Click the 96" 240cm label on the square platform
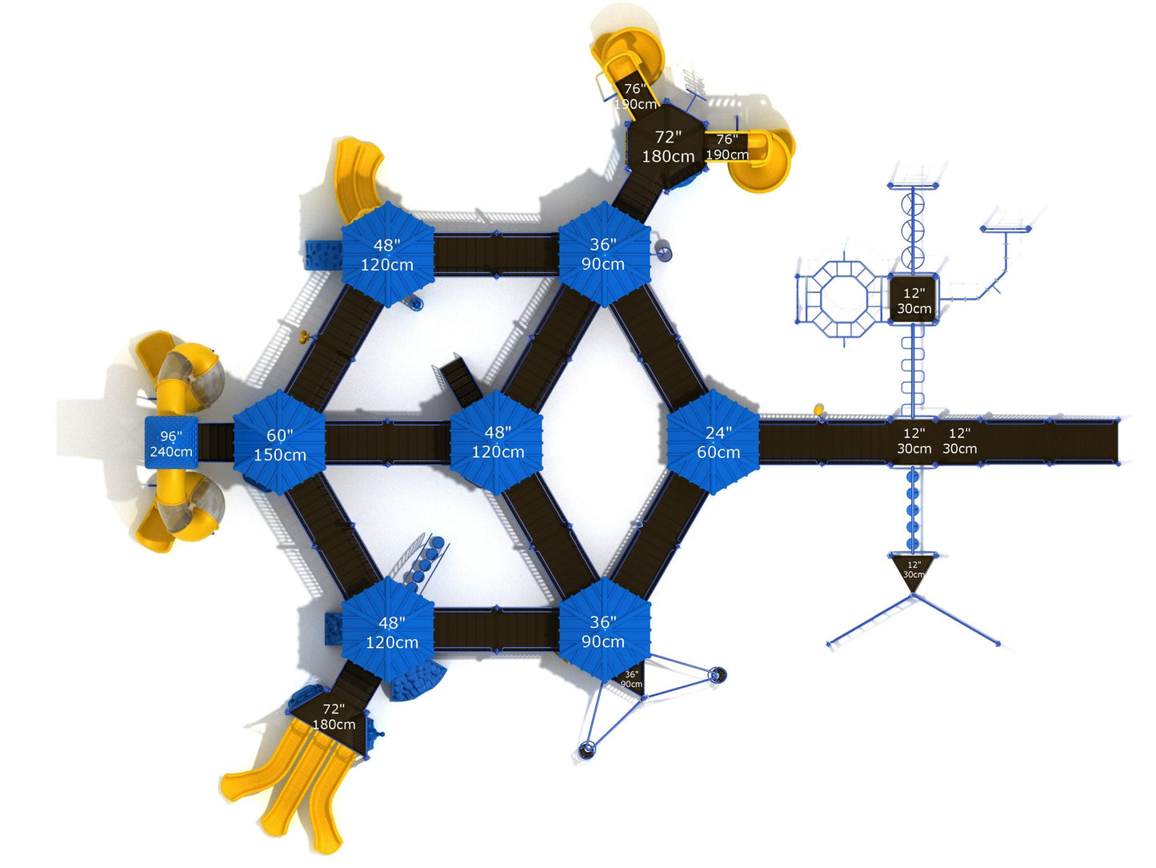coord(170,444)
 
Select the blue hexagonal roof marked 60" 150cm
coord(279,444)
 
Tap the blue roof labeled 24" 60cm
coord(714,442)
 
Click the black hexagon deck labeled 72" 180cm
coord(666,147)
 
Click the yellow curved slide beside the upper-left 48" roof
coord(357,176)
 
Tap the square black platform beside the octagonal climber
coord(913,300)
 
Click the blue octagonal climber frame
coord(840,299)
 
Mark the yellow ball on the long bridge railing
coord(818,410)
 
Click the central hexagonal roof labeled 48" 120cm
coord(497,442)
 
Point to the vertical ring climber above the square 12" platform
coord(912,228)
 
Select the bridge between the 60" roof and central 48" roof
coord(388,442)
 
